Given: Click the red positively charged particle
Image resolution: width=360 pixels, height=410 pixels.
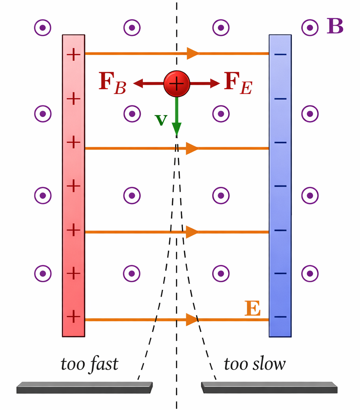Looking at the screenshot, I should pyautogui.click(x=177, y=83).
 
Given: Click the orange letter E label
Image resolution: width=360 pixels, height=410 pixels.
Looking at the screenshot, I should pyautogui.click(x=252, y=309).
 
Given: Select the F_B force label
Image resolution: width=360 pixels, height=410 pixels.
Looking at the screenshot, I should pyautogui.click(x=112, y=84).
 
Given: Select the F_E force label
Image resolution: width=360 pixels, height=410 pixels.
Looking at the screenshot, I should pyautogui.click(x=238, y=84).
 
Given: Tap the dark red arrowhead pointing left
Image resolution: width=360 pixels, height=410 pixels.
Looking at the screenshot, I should pyautogui.click(x=138, y=83).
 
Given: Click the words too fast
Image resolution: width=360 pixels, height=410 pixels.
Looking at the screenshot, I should pyautogui.click(x=90, y=364).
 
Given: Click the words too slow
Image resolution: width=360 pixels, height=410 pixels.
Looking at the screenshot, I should pyautogui.click(x=254, y=364).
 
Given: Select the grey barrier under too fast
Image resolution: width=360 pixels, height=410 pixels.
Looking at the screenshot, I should pyautogui.click(x=84, y=387).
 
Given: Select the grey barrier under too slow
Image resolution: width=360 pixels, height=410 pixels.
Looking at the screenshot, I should pyautogui.click(x=269, y=387).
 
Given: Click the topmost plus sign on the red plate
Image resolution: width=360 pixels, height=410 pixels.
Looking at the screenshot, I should pyautogui.click(x=73, y=55).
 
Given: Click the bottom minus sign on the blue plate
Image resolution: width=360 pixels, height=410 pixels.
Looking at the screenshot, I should pyautogui.click(x=280, y=316).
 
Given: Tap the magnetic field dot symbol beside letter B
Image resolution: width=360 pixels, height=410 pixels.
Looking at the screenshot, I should pyautogui.click(x=310, y=28).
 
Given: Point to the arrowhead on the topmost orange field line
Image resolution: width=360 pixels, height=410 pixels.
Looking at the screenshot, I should pyautogui.click(x=193, y=53).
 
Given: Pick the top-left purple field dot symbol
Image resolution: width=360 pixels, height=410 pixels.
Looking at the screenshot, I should pyautogui.click(x=42, y=28).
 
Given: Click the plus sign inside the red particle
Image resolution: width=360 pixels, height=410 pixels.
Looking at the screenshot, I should pyautogui.click(x=177, y=83).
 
